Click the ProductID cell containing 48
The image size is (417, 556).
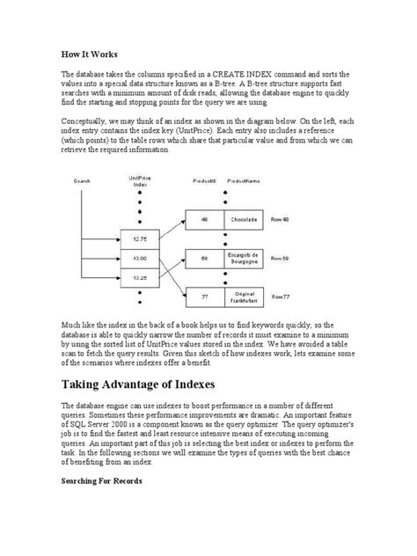click(204, 220)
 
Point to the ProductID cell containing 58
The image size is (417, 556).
click(204, 259)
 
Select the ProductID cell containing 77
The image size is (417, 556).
click(204, 297)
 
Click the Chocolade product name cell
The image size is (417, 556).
click(244, 220)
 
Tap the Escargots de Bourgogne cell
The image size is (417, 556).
click(244, 259)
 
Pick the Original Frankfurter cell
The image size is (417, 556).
click(244, 297)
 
